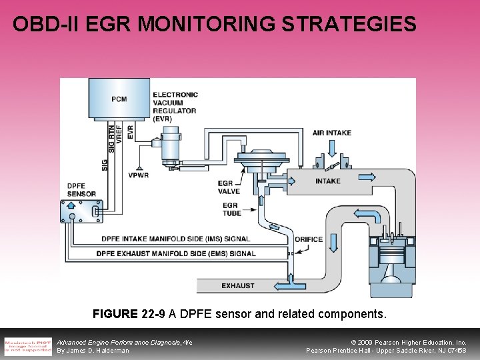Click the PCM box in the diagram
click(x=119, y=99)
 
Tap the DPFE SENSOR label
click(x=81, y=190)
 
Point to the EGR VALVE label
click(x=229, y=187)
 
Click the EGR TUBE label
click(x=230, y=209)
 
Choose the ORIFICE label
click(x=308, y=239)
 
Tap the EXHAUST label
click(x=238, y=286)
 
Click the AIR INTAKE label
click(x=332, y=133)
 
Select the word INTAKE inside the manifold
click(x=328, y=181)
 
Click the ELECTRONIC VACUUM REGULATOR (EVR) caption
click(x=175, y=107)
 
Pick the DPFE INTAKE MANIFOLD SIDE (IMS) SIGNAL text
click(x=175, y=239)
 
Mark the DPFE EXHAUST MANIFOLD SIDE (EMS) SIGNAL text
click(x=175, y=253)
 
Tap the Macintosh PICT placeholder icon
click(x=28, y=346)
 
